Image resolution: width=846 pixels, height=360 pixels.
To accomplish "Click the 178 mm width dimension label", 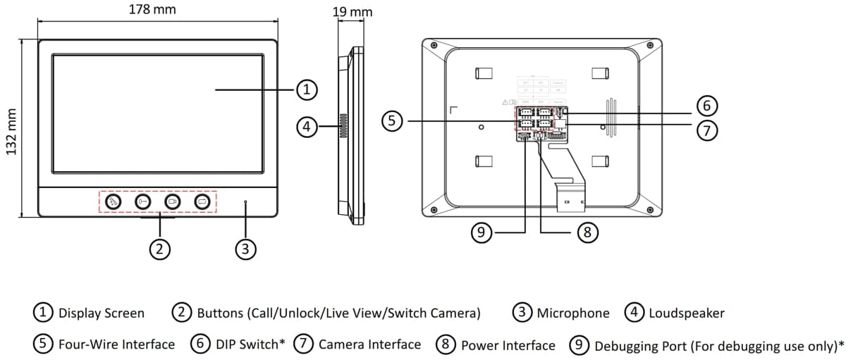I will pos(152,11).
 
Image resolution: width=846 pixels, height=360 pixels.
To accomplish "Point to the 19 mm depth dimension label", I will pos(352,11).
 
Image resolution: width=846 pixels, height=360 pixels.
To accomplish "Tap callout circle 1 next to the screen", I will pos(306,89).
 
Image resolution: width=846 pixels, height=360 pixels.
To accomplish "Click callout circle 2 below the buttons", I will pos(160,248).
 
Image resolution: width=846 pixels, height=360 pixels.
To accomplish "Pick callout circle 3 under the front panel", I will pos(245,248).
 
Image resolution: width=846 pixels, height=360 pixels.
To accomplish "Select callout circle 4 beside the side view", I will pos(306,127).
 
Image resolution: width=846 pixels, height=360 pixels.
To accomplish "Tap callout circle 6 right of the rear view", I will pos(707,106).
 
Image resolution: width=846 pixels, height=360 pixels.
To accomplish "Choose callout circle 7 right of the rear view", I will pos(707,130).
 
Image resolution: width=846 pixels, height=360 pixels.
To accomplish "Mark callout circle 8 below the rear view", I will pos(587,232).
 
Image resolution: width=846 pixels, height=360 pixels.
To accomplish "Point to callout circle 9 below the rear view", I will pos(482,232).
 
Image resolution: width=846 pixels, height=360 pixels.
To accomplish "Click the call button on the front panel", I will pos(114,202).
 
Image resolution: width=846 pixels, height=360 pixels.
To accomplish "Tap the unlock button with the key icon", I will pos(143,202).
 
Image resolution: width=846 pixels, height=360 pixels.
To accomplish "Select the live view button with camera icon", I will pos(173,202).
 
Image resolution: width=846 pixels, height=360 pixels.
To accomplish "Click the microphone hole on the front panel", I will pos(245,202).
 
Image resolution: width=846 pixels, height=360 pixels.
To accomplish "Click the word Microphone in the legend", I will pos(572,314).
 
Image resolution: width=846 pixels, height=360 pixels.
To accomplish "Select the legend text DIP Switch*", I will pos(250,345).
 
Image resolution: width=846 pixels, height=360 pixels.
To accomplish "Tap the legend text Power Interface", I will pos(508,345).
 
